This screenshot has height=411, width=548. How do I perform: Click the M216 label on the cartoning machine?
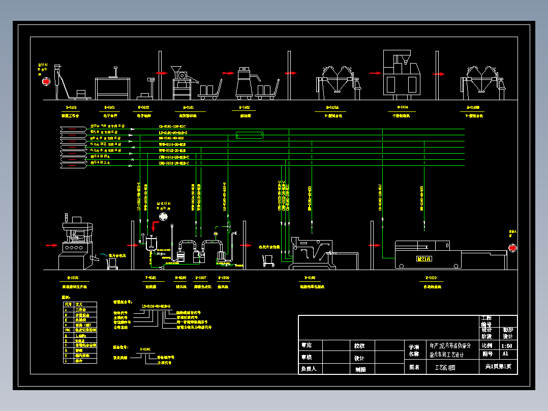pos(424,259)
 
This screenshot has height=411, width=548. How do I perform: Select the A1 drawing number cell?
pos(505,354)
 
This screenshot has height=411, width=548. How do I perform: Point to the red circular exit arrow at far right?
pos(512,248)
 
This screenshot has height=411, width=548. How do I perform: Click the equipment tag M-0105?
pos(71,278)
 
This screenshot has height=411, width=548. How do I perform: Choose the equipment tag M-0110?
pos(431,278)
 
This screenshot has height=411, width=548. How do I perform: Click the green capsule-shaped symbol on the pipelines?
pos(250,135)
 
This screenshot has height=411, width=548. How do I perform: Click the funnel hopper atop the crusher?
pos(177,69)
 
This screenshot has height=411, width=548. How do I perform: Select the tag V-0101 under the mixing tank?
pos(151,278)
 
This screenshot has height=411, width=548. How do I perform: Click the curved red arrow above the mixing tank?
pos(163,216)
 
